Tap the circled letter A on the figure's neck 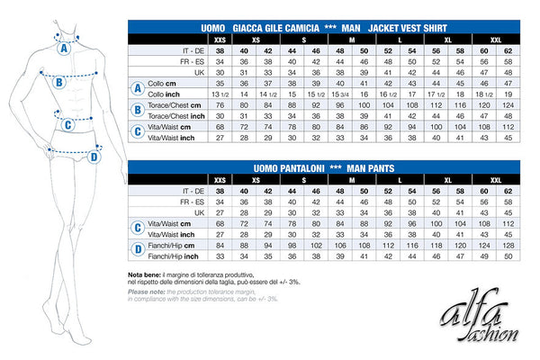[64, 49]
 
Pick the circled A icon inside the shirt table [138, 88]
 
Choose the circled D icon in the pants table [138, 249]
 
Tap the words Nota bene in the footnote [146, 274]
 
